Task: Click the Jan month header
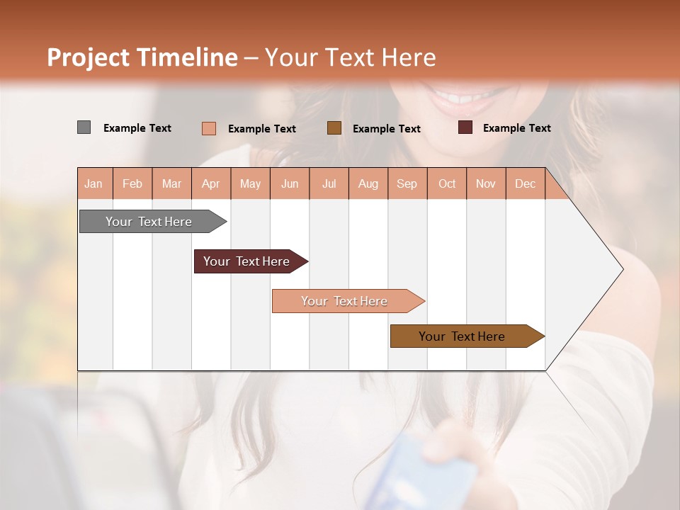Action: coord(94,183)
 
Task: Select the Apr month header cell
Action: coord(211,183)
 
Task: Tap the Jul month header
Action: coord(329,183)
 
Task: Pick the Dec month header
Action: coord(525,183)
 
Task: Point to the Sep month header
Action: coord(407,183)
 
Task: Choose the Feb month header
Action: coord(132,183)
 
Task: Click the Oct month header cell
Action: coord(446,183)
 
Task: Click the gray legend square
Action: coord(84,127)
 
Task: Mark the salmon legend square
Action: coord(209,128)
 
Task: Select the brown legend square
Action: coord(334,128)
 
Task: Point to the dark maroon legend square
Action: coord(465,127)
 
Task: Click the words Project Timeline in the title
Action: coord(142,57)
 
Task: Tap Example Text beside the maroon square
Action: coord(516,127)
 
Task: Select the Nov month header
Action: coord(485,183)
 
